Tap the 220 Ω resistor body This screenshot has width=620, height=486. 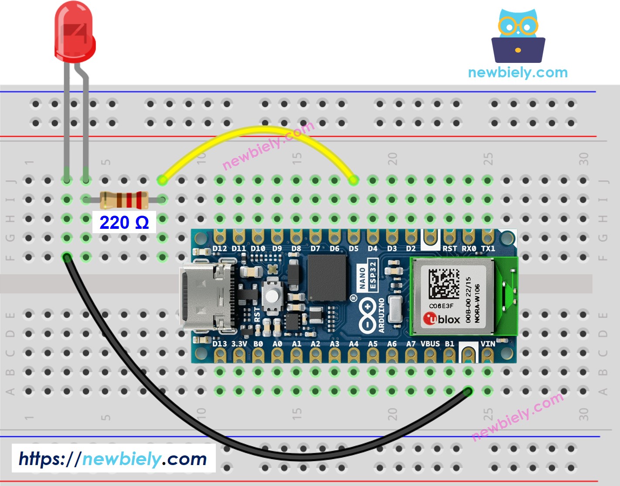pos(124,200)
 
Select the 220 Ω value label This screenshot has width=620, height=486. pos(124,223)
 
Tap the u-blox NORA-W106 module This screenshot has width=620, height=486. pos(453,295)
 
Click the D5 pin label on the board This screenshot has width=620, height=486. pos(353,248)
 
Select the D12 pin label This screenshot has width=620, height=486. pos(219,248)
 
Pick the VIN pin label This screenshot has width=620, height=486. pos(487,344)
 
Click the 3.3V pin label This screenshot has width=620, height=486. pos(239,344)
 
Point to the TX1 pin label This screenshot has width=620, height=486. pos(488,248)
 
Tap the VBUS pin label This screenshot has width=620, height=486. pos(430,344)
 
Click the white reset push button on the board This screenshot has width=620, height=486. pos(272,296)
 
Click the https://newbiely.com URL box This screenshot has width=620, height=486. pos(113,459)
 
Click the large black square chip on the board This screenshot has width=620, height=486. pos(327,278)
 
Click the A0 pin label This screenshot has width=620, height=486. pos(277,344)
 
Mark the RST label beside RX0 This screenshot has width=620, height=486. pos(450,248)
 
